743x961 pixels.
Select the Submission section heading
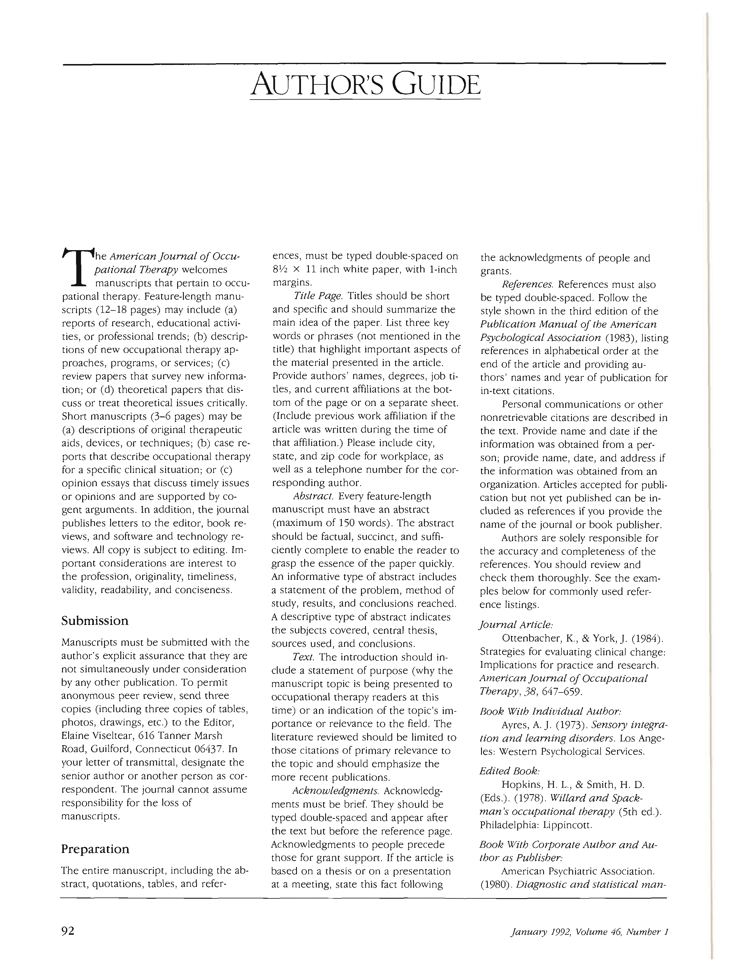[x=95, y=621]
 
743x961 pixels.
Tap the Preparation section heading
[x=95, y=849]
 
